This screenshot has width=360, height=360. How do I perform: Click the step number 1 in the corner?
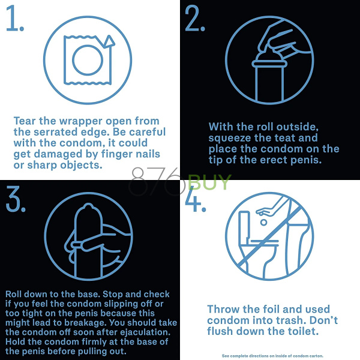[14, 18]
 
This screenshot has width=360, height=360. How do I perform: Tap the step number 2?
[194, 18]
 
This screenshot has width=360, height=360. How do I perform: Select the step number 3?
[15, 199]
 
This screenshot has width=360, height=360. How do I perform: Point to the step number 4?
[195, 199]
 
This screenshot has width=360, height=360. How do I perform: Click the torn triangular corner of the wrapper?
[109, 41]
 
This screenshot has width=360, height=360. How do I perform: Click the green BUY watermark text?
[209, 182]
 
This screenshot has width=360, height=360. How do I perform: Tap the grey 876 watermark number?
[157, 181]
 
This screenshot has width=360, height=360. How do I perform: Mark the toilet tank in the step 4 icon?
[244, 226]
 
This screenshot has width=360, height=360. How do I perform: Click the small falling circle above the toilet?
[264, 222]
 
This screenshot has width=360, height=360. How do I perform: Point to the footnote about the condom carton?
[272, 356]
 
